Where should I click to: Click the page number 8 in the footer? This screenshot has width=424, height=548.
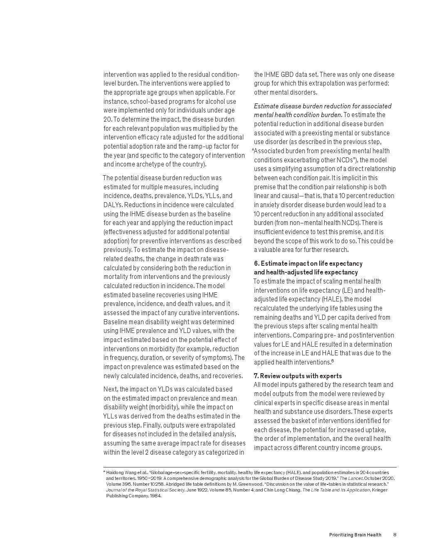click(x=394, y=535)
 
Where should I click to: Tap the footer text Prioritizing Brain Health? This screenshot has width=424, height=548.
click(x=355, y=535)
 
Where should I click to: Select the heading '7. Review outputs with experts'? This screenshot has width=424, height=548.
click(x=298, y=376)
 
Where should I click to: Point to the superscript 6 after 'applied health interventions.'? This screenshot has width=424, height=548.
click(x=333, y=361)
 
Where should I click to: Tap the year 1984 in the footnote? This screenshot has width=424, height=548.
click(x=155, y=496)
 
